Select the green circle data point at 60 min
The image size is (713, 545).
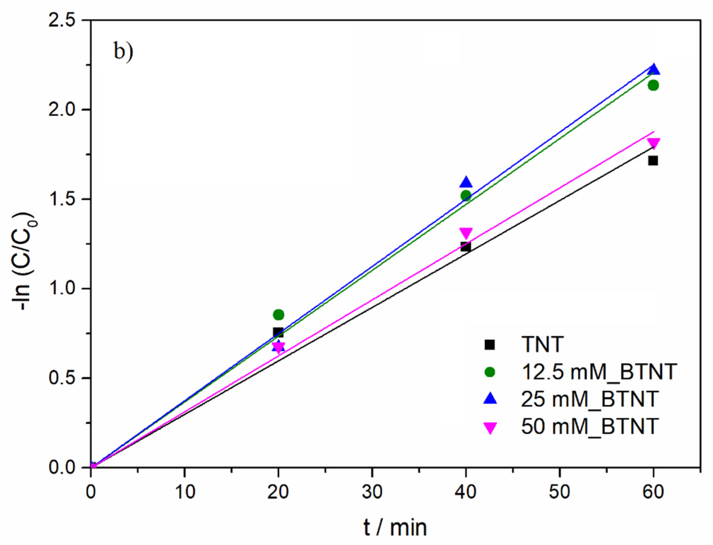coord(653,85)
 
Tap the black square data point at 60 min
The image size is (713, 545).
coord(653,161)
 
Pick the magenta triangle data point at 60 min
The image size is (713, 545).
coord(653,143)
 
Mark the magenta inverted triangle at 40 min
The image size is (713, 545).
coord(466,233)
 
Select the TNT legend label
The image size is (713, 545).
coord(542,344)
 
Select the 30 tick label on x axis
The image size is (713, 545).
coord(372,492)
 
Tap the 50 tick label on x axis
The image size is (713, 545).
coord(560,492)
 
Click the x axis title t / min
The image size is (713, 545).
coord(395,527)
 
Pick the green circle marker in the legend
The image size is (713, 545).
coord(490,372)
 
